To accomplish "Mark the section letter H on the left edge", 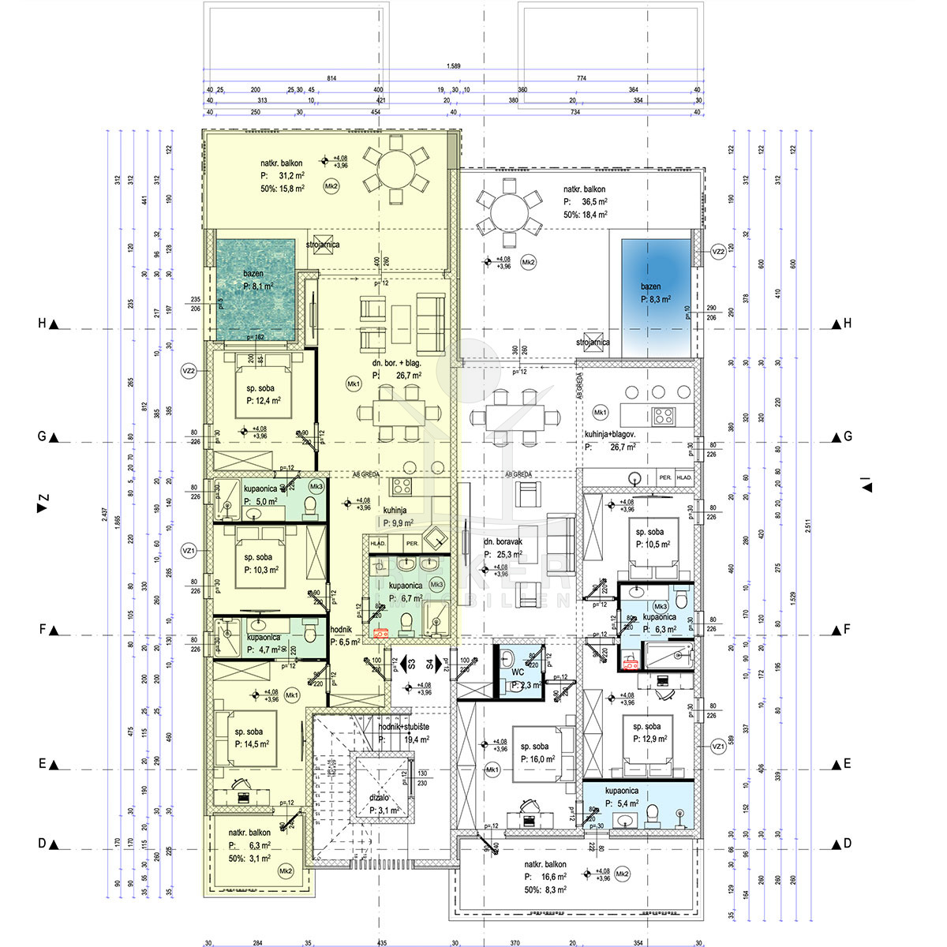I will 43,324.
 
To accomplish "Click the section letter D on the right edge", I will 847,844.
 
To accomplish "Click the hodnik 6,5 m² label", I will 344,636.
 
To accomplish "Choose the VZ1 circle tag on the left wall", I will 188,550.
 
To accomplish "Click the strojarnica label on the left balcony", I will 324,245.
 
